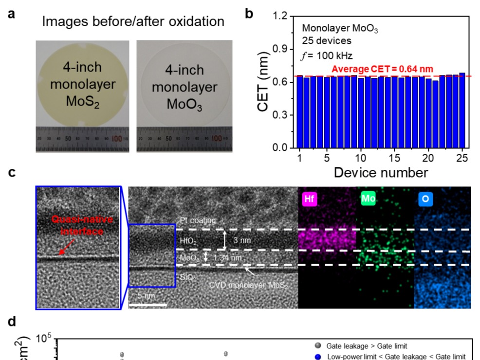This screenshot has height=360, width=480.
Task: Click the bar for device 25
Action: coord(462,110)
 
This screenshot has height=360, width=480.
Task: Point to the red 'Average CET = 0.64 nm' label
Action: coord(382,69)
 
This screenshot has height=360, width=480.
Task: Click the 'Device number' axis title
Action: coord(381,172)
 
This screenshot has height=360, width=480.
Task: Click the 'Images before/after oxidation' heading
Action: coord(133,21)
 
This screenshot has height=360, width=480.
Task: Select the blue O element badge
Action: coord(424,199)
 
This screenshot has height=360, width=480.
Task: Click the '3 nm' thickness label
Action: coord(241,240)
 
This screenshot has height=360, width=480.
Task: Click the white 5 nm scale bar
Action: coord(147,305)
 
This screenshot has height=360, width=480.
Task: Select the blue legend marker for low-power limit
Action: coord(317,357)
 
